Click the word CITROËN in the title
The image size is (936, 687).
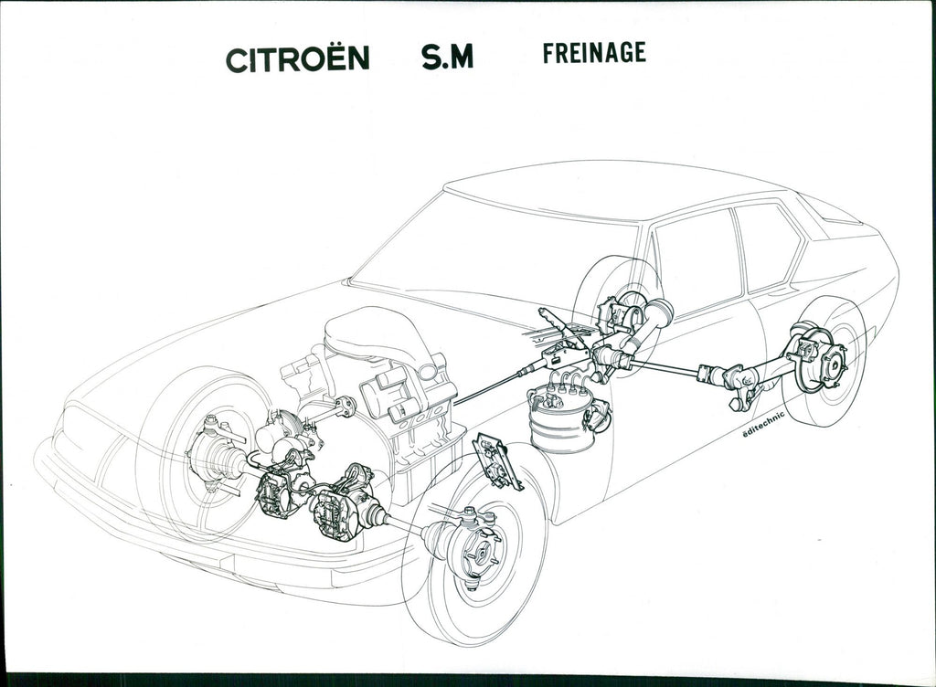(x=297, y=58)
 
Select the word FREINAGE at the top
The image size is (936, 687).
(x=594, y=52)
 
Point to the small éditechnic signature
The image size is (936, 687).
(x=763, y=423)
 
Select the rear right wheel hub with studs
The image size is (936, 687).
(x=832, y=363)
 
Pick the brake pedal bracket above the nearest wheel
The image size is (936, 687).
(x=496, y=461)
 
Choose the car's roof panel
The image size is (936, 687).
(x=615, y=191)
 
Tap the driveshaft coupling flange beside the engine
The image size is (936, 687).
(x=346, y=407)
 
